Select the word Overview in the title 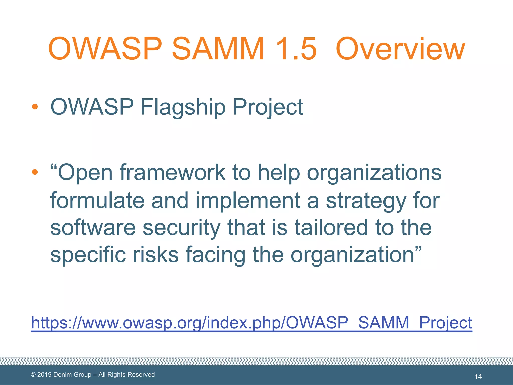400,49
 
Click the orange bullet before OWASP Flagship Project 35,107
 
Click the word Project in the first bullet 268,107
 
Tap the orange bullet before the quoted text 35,172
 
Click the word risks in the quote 155,254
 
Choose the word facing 215,255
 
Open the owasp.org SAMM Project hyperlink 251,323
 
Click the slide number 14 478,376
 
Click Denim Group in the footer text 72,375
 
